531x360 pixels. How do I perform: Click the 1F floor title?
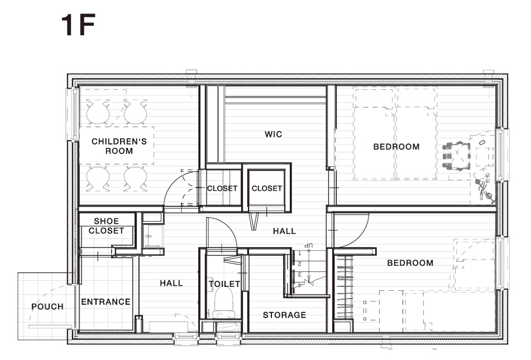tap(78, 25)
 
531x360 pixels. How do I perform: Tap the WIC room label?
tap(273, 134)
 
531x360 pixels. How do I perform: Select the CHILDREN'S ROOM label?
tap(119, 146)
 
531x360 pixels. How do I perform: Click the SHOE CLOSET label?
tap(106, 226)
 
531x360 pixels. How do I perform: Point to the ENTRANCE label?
tap(106, 302)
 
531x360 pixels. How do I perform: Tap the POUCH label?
tap(47, 307)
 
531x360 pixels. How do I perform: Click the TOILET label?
tap(224, 284)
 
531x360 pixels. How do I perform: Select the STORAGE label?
tap(284, 315)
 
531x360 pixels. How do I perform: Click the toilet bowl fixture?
tap(224, 304)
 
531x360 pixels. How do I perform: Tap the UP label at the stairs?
tap(308, 245)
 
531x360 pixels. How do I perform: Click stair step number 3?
tap(300, 274)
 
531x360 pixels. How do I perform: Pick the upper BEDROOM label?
tap(396, 147)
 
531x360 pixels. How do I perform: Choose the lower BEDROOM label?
tap(410, 263)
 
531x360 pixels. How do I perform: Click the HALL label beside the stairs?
tap(284, 231)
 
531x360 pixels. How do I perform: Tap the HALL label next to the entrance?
tap(171, 283)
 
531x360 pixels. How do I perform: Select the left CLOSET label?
tap(222, 188)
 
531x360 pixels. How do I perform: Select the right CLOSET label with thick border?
tap(267, 188)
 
